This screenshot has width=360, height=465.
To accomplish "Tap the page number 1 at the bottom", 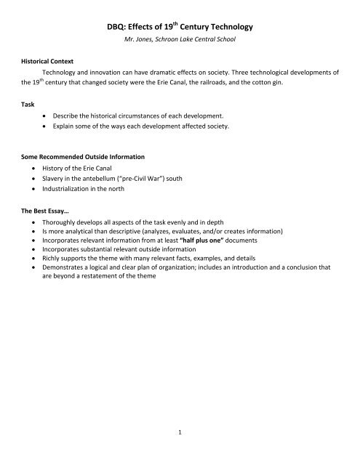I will (x=180, y=451).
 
